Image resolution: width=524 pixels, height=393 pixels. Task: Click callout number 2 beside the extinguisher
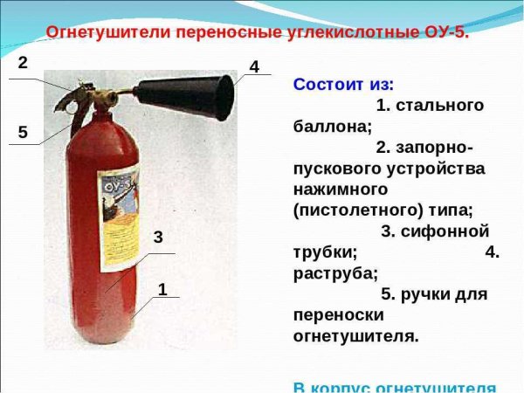pyautogui.click(x=23, y=63)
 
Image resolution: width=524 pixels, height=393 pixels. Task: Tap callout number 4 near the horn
pyautogui.click(x=254, y=66)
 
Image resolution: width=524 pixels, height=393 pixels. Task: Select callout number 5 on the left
pyautogui.click(x=23, y=132)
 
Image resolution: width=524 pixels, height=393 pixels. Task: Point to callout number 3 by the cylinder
pyautogui.click(x=158, y=237)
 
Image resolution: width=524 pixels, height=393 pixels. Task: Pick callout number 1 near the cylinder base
pyautogui.click(x=162, y=289)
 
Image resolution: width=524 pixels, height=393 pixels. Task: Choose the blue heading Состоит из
pyautogui.click(x=343, y=85)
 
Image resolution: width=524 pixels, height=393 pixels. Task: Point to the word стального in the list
pyautogui.click(x=440, y=106)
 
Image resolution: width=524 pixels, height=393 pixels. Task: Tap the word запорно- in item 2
pyautogui.click(x=443, y=148)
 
